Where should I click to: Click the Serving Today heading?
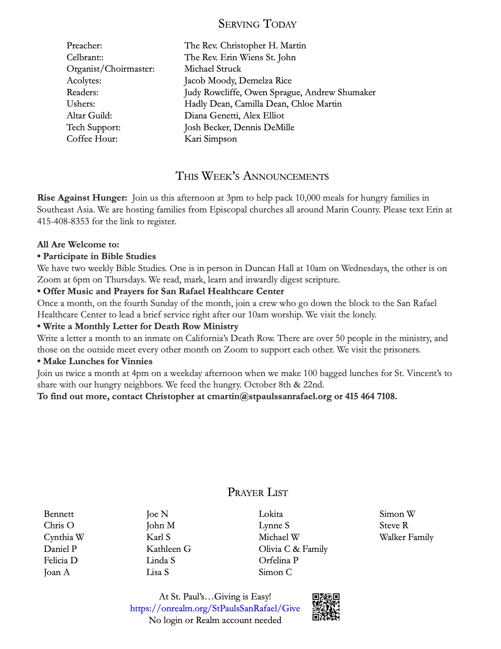click(x=257, y=24)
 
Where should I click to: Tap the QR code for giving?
click(x=326, y=607)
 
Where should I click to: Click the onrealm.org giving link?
click(x=215, y=608)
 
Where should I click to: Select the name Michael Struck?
click(x=213, y=69)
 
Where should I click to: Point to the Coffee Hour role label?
click(x=92, y=139)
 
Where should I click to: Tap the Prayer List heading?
click(x=257, y=492)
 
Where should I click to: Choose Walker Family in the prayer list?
click(x=406, y=537)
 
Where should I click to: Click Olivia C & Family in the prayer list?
click(x=293, y=549)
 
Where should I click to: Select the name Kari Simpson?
click(x=211, y=139)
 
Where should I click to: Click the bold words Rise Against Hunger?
click(x=82, y=198)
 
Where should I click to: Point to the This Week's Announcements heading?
click(x=252, y=176)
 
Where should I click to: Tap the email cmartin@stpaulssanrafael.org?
click(x=269, y=396)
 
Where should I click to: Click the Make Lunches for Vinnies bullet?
click(x=95, y=361)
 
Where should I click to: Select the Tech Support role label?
click(x=94, y=127)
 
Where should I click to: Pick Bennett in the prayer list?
click(x=59, y=514)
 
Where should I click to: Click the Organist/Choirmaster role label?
click(x=110, y=69)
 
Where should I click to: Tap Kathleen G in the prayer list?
click(x=169, y=549)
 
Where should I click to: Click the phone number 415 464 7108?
click(x=371, y=396)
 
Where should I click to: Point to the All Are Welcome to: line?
click(x=78, y=245)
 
